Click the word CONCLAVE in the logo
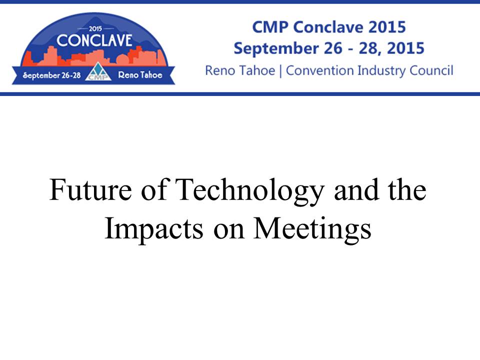[94, 40]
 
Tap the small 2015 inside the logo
[95, 29]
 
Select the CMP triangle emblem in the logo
[98, 71]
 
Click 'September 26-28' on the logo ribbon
[51, 75]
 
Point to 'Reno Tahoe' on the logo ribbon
[140, 75]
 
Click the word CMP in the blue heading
[270, 27]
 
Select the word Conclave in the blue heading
[328, 27]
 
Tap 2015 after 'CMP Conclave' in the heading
[387, 27]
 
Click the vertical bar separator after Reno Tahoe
[280, 71]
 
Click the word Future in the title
[90, 190]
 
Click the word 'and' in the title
[356, 190]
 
